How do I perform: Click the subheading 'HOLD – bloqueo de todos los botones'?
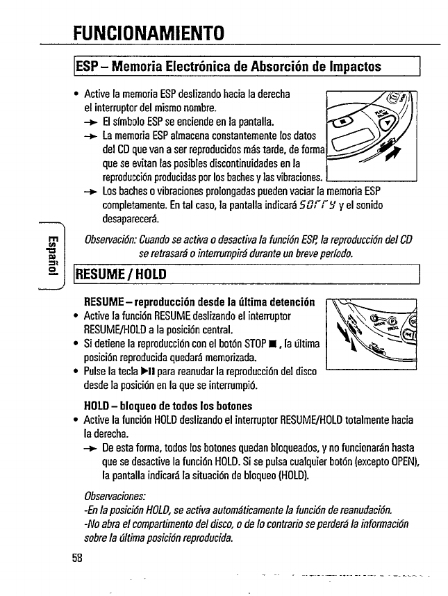pyautogui.click(x=167, y=406)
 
